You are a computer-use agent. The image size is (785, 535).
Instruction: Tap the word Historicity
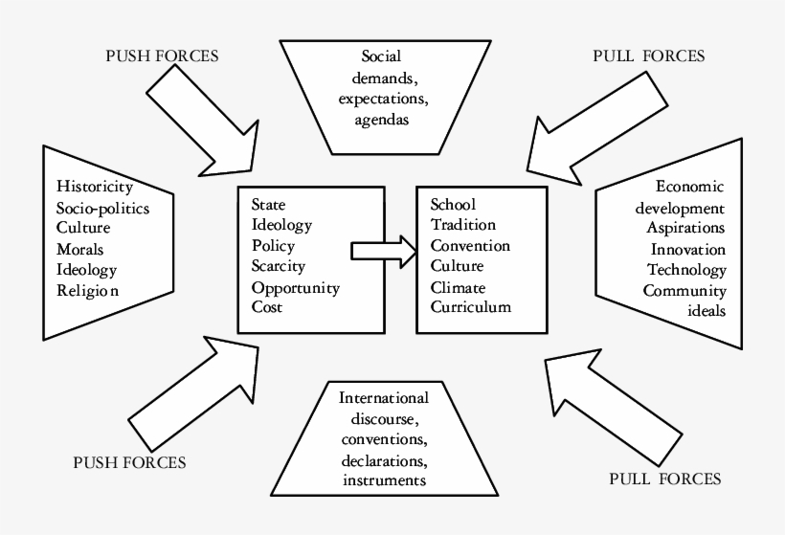94,186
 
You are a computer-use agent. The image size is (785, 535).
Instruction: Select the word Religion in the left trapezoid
88,291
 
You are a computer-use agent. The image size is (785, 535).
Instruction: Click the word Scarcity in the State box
278,267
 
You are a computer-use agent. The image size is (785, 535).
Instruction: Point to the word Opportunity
295,288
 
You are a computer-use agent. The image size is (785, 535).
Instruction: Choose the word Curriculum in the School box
471,308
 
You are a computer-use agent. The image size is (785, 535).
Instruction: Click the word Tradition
463,225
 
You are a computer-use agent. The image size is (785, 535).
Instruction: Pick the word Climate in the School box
458,287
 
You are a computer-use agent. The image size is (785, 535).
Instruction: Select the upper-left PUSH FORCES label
162,56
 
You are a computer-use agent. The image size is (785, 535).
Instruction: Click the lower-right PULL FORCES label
665,478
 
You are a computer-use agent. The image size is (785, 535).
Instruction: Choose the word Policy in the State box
272,246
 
